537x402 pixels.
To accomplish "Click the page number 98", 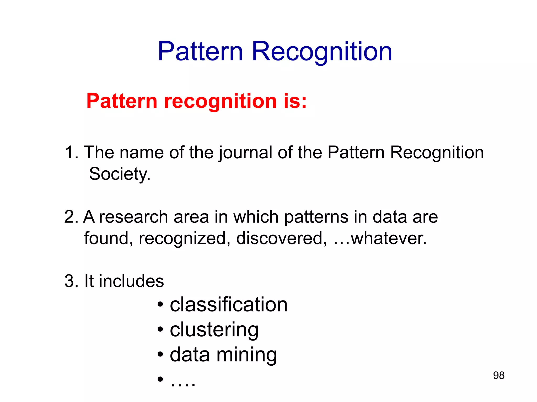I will click(498, 376).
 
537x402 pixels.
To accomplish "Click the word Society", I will click(120, 174).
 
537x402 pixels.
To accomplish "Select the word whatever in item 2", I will click(389, 238).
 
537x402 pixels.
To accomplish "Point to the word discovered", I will click(282, 238).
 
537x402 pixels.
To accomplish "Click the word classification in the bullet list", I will click(229, 305).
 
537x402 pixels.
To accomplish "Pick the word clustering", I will click(214, 330).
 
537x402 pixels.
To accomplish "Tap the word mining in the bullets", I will click(246, 355).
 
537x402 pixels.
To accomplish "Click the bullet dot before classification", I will click(160, 305).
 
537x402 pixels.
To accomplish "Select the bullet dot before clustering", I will click(160, 330).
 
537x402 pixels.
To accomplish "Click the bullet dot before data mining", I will click(160, 355).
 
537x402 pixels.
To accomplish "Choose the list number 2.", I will click(70, 217).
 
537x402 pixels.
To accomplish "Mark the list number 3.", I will click(70, 281).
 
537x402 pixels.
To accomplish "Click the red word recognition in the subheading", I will click(220, 102).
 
